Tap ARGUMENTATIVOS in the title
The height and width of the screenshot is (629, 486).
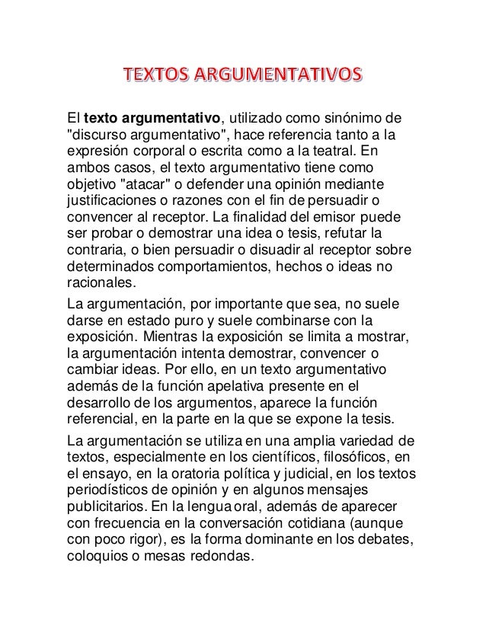(x=277, y=77)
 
